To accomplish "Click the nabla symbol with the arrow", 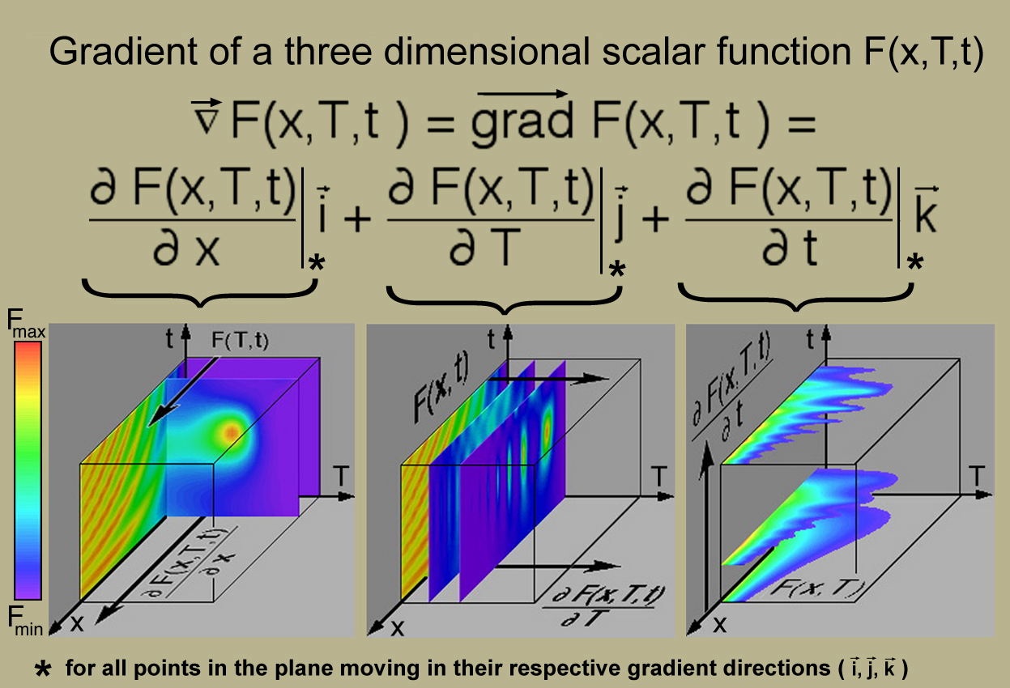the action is [206, 117].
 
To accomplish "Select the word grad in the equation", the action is [522, 121].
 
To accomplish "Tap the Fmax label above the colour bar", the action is [26, 324].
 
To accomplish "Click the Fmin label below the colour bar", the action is [25, 621].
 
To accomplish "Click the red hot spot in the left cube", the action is [232, 433].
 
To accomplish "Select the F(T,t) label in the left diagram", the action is [240, 341].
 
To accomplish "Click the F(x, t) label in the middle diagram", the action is [441, 388].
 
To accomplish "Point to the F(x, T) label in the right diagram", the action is [817, 588].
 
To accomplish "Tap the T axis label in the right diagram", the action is [977, 477].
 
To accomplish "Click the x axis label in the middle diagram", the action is [397, 627].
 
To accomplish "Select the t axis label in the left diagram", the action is [169, 338].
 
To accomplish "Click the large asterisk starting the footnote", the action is [43, 669].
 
